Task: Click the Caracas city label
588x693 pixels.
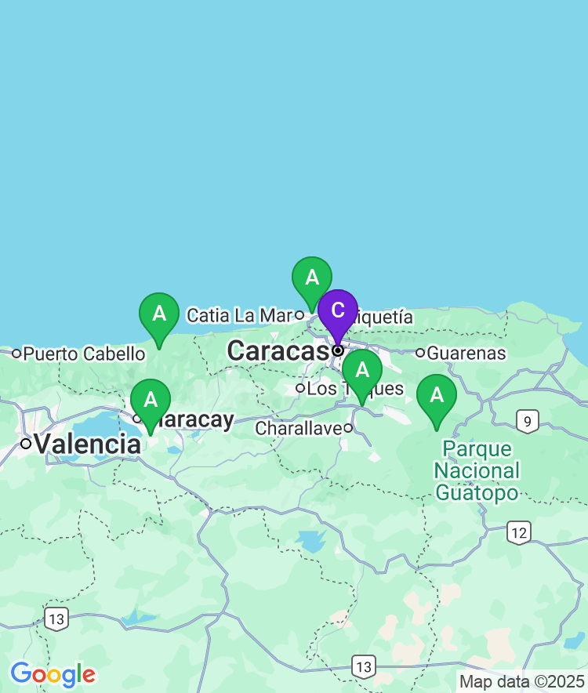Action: tap(277, 351)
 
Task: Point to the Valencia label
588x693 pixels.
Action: tap(87, 444)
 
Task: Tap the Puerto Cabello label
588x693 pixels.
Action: tap(84, 354)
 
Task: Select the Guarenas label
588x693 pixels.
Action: tap(466, 353)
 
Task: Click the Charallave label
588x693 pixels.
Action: tap(299, 428)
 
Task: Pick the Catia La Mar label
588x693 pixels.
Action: tap(239, 315)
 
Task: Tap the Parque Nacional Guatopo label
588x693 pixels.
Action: tap(477, 470)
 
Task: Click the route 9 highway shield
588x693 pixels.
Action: tap(528, 421)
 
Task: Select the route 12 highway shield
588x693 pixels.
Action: tap(518, 532)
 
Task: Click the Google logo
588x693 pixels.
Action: tap(53, 673)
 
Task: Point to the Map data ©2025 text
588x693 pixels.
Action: tap(521, 681)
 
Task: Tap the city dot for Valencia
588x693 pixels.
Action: tap(26, 444)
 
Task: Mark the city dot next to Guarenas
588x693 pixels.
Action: tap(420, 353)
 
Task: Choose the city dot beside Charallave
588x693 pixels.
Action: tap(348, 428)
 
